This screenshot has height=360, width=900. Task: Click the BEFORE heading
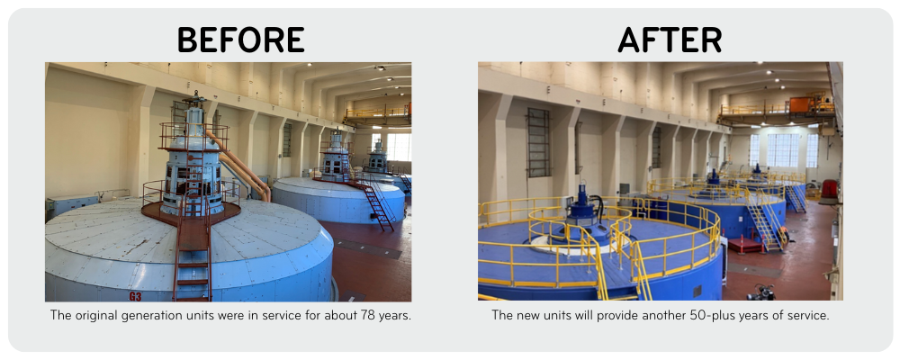pyautogui.click(x=240, y=40)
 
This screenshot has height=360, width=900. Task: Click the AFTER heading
pyautogui.click(x=670, y=40)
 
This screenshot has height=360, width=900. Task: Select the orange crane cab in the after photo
pyautogui.click(x=800, y=104)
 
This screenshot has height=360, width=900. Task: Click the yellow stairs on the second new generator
pyautogui.click(x=766, y=226)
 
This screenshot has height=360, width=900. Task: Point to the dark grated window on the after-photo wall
pyautogui.click(x=538, y=141)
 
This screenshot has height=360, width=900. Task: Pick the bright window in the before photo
pyautogui.click(x=398, y=147)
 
